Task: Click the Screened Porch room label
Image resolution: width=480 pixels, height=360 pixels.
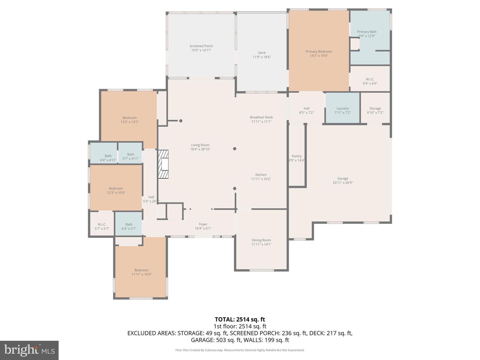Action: (201, 46)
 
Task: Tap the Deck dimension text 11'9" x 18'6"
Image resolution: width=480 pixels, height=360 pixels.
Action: (262, 57)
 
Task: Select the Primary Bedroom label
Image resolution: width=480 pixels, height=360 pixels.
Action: (319, 51)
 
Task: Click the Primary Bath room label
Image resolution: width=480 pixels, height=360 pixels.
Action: (367, 32)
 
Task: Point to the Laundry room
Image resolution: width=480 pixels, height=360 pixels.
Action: (342, 108)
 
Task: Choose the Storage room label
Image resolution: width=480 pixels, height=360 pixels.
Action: (375, 108)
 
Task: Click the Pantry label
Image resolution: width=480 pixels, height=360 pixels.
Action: (297, 156)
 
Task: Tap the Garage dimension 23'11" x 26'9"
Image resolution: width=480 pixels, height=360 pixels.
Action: (342, 183)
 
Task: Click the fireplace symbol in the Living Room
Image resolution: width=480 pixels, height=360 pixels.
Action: (163, 165)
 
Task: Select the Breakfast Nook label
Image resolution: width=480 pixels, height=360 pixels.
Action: (261, 117)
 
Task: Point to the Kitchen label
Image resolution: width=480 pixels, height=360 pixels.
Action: (261, 175)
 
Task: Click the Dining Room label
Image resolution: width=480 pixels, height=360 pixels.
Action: (261, 240)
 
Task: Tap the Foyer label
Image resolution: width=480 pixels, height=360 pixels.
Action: (203, 224)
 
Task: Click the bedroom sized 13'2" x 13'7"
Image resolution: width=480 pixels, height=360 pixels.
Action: (129, 120)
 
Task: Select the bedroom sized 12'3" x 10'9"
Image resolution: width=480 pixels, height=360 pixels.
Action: (116, 190)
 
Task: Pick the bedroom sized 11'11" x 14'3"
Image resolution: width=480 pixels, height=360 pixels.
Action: (141, 272)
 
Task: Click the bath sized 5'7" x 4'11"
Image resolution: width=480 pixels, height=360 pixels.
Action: (130, 156)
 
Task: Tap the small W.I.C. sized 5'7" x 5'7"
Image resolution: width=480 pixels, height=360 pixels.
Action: (102, 226)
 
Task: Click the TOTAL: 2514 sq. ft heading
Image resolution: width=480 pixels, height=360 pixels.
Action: (240, 320)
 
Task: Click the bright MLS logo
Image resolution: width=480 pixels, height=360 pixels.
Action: (29, 350)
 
